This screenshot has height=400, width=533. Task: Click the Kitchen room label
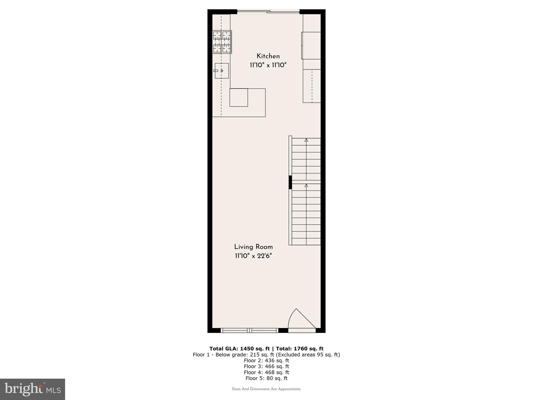coord(268,56)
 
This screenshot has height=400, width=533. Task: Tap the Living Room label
coord(253,247)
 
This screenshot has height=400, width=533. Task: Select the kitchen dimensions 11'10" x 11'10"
coord(268,65)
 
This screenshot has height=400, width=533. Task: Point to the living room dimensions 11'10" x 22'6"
coord(253,256)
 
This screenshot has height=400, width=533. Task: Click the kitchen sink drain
coord(222,71)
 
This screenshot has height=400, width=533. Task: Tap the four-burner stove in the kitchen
coord(222,42)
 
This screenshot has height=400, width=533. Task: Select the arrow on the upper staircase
coord(306,140)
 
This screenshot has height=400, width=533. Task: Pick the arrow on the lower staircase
coord(306,186)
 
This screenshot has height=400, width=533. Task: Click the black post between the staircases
coord(290,182)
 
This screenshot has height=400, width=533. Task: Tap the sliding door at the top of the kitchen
coord(268,11)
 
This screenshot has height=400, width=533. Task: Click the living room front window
coord(250,330)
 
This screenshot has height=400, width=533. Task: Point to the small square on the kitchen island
coord(239,98)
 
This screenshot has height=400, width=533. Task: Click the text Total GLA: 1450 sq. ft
coord(239,349)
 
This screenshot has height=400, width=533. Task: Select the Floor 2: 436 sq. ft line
coord(266,361)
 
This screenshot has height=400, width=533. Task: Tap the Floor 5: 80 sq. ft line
coord(266,378)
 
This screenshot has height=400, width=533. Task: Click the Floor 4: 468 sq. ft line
coord(266,372)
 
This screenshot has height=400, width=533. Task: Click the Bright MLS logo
coord(33,389)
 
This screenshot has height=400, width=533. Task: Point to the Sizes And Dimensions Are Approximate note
coord(266,389)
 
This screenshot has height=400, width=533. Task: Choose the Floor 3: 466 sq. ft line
coord(266,366)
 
